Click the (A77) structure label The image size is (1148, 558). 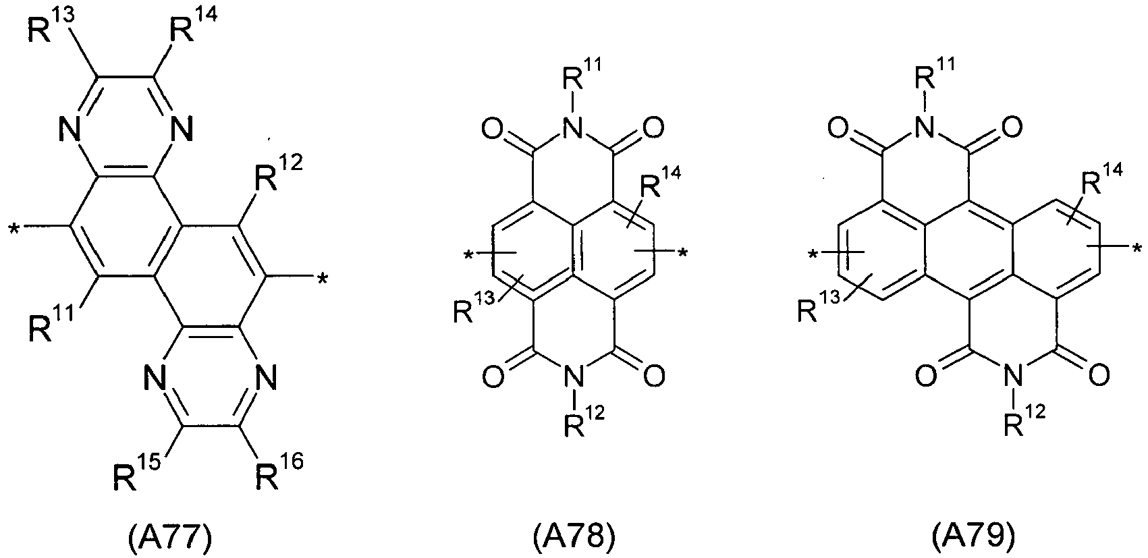[x=169, y=536]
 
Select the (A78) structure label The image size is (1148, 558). [x=574, y=536]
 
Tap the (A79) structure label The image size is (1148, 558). [x=973, y=536]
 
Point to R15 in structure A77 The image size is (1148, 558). [x=136, y=472]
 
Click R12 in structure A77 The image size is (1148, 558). [x=279, y=173]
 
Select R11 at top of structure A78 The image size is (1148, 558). [x=582, y=75]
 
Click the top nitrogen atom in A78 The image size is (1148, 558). [x=574, y=128]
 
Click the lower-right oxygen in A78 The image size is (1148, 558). [x=654, y=376]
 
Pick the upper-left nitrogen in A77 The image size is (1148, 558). [x=70, y=129]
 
